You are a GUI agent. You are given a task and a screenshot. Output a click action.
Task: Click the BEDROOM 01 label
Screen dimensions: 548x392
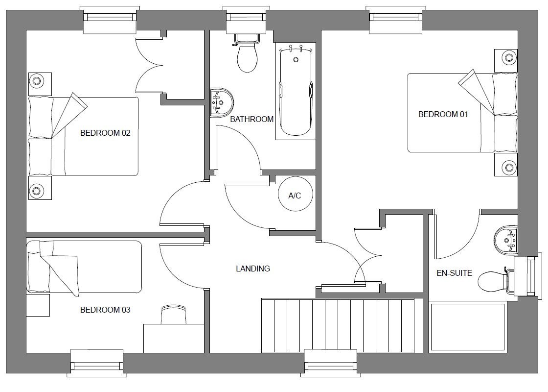(443, 115)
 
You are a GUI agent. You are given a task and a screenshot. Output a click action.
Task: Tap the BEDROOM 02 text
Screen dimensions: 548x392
(105, 133)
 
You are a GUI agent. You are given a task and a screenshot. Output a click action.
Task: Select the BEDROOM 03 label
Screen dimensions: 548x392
(105, 310)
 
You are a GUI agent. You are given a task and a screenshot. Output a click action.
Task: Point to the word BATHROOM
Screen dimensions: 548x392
(251, 120)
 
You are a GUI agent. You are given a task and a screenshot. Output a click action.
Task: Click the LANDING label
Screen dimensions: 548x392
(253, 269)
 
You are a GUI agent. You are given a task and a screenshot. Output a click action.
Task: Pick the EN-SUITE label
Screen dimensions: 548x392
(455, 273)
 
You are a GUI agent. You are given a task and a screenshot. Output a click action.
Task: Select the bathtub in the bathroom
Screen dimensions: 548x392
(296, 91)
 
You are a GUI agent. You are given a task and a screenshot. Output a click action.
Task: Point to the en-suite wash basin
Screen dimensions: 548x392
(505, 241)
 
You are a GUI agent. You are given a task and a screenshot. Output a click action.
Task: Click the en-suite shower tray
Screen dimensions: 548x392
(468, 327)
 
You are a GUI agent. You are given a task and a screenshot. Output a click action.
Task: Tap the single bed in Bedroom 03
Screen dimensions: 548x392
(84, 267)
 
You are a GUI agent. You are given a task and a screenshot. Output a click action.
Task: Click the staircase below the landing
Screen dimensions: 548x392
(338, 325)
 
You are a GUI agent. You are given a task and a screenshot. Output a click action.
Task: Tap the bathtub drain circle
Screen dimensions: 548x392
(296, 59)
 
